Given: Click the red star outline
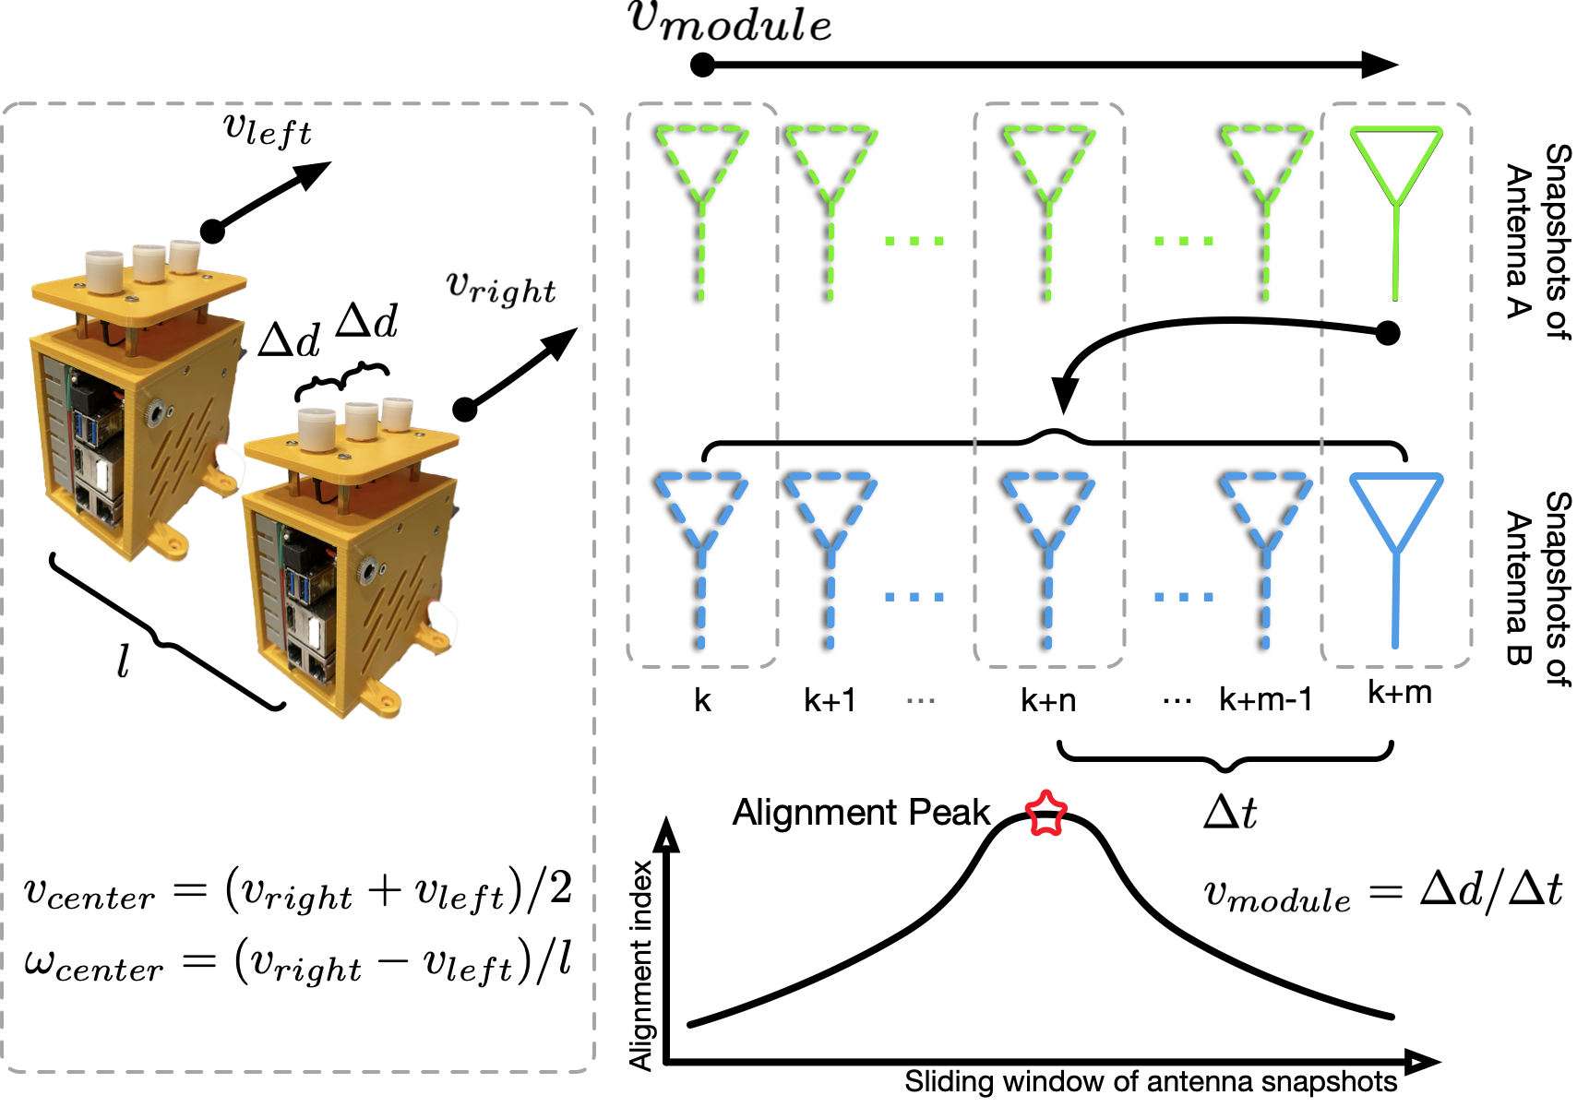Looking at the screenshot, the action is pyautogui.click(x=1046, y=814).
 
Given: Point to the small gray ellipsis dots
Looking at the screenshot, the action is pyautogui.click(x=920, y=701).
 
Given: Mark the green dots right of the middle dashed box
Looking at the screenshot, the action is pyautogui.click(x=1184, y=241).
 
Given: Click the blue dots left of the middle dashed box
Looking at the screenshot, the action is pyautogui.click(x=914, y=597).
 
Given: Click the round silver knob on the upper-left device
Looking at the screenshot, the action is pyautogui.click(x=154, y=412).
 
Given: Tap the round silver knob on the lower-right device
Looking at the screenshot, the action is pyautogui.click(x=369, y=569).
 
